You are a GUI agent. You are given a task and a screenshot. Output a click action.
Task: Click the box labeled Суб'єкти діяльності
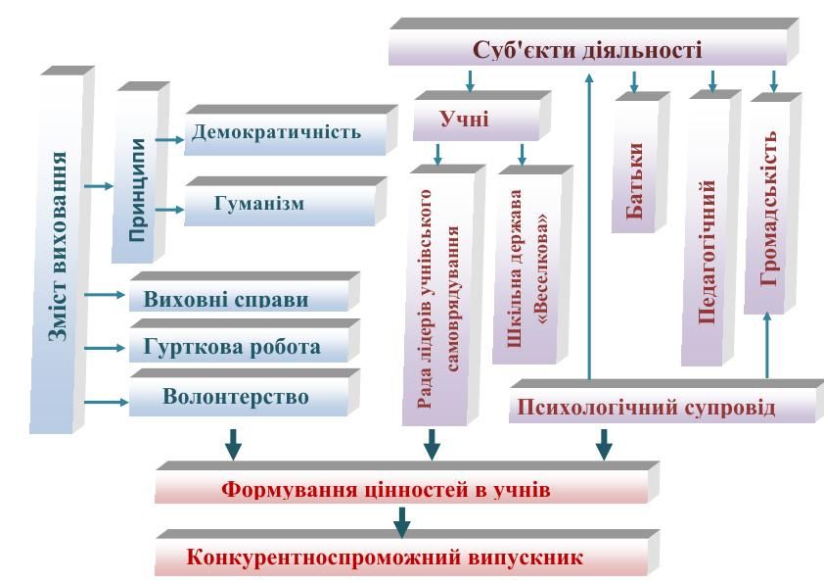pos(587,49)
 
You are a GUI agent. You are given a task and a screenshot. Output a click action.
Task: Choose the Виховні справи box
pos(238,297)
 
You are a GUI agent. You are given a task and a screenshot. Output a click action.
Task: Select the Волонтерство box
pos(238,398)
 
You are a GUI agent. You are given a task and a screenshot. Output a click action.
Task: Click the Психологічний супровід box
pos(662,407)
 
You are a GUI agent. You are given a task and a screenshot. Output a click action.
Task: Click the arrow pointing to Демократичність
pos(168,140)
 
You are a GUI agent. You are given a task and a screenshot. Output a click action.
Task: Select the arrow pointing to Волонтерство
pos(105,400)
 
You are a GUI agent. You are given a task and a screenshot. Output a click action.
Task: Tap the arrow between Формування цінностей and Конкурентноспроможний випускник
pos(400,521)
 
